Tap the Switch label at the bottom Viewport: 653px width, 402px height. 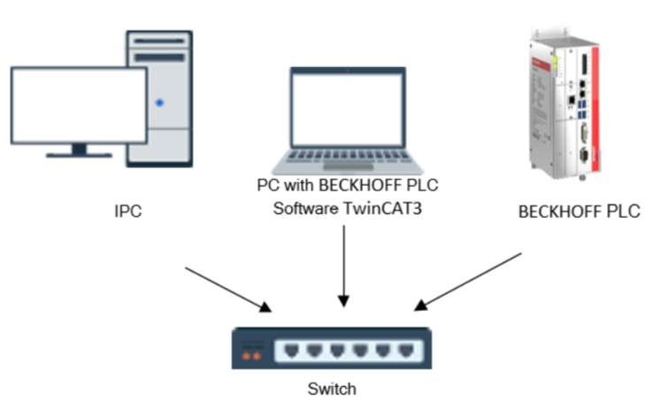point(332,388)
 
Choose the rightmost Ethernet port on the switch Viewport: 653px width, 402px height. point(406,351)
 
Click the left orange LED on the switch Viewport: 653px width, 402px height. point(248,357)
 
